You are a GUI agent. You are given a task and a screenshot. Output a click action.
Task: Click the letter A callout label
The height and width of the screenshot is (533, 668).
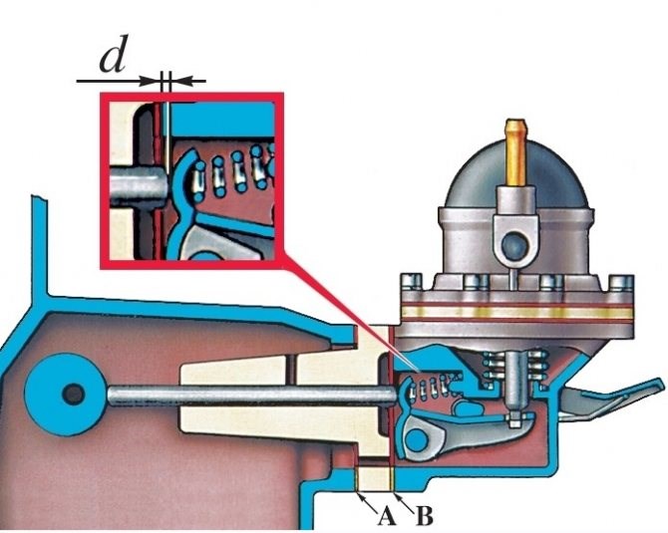[x=387, y=516]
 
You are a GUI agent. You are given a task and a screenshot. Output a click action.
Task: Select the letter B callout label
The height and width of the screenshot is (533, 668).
[x=424, y=516]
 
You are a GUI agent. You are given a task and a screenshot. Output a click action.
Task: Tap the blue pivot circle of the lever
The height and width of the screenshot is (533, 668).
[x=417, y=439]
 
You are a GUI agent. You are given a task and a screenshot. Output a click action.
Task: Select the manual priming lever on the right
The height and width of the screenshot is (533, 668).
[x=609, y=400]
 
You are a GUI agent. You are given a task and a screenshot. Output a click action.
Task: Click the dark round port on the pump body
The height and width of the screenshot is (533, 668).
[x=514, y=244]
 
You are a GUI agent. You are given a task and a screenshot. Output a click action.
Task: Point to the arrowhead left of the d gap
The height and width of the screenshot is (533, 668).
[x=152, y=81]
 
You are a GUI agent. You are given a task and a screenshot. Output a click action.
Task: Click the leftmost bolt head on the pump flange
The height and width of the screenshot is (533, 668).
[x=412, y=282]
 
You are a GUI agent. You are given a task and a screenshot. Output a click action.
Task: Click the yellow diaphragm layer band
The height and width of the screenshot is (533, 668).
[x=516, y=313]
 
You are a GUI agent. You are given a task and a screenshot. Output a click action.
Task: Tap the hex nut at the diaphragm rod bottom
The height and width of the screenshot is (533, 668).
[x=514, y=421]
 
